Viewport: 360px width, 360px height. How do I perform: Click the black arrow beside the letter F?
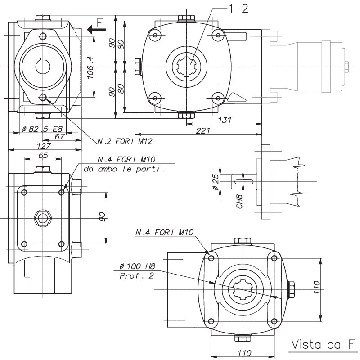tap(96, 30)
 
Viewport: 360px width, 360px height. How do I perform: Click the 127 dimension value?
tap(44, 146)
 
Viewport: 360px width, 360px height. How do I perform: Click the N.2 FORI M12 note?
tap(125, 141)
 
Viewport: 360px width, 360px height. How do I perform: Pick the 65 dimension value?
tap(43, 155)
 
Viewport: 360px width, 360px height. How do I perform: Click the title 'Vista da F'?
tap(321, 345)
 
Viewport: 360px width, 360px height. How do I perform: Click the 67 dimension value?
tap(59, 136)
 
